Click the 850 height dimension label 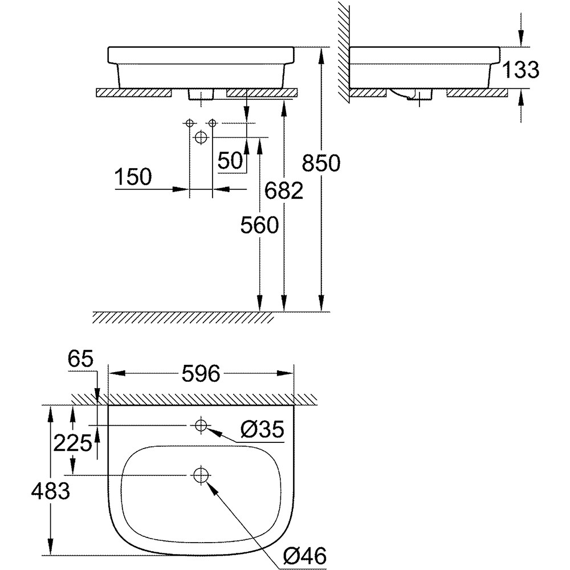click(x=320, y=164)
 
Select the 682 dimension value click(x=283, y=192)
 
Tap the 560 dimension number click(x=259, y=226)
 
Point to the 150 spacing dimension click(x=133, y=177)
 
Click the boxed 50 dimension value click(x=230, y=161)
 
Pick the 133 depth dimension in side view click(x=521, y=70)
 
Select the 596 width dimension click(x=201, y=373)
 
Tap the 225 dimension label click(x=72, y=442)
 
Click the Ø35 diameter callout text click(x=262, y=430)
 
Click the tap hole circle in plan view click(x=201, y=425)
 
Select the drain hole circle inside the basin click(x=201, y=475)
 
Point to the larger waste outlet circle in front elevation click(x=201, y=137)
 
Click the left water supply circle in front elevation click(x=189, y=123)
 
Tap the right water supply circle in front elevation click(x=212, y=123)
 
